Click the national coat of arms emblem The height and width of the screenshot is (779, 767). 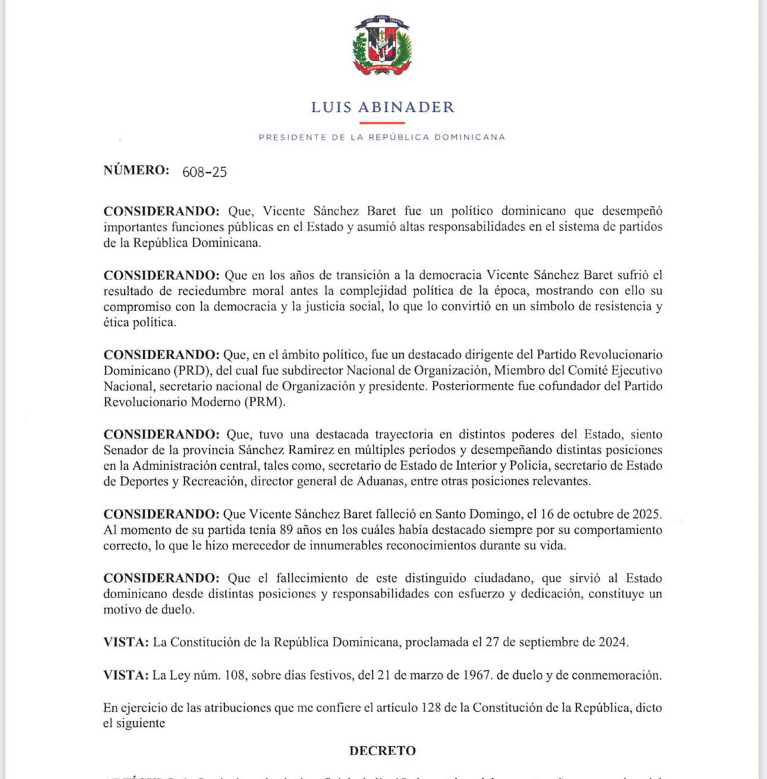(382, 46)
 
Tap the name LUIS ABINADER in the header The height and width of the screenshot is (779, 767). (382, 107)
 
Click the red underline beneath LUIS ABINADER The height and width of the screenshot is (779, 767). (382, 123)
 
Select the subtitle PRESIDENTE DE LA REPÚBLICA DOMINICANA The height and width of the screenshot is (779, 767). (382, 137)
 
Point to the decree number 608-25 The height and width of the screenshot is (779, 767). (205, 172)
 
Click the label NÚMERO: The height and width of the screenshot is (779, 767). (136, 170)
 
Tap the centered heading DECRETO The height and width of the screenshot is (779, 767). (382, 750)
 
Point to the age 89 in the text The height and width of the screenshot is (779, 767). (287, 530)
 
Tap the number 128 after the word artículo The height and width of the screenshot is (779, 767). (432, 708)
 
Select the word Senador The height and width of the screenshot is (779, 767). (127, 450)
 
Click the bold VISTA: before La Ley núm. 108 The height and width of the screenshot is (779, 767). (125, 676)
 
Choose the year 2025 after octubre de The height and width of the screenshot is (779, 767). (647, 514)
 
